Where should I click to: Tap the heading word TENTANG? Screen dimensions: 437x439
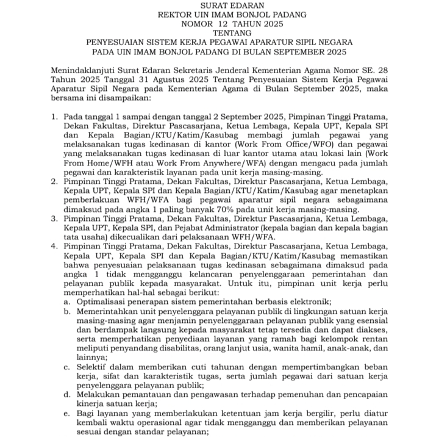(220, 33)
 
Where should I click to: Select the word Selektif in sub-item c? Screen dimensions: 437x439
(95, 367)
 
